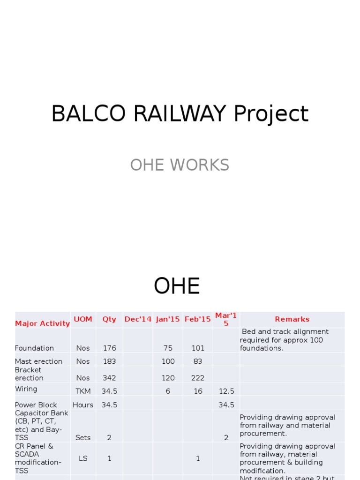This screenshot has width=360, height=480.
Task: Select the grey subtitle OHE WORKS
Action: coord(180,165)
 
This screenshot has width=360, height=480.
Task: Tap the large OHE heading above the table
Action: coord(177,286)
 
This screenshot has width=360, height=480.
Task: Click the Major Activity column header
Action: coord(42,323)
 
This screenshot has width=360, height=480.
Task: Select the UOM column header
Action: coord(83,319)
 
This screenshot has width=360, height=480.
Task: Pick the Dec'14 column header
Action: coord(138,319)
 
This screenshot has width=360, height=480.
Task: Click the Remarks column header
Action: coord(292,319)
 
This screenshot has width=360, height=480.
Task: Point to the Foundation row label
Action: coord(34,348)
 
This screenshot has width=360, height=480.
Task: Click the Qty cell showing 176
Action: coord(109,348)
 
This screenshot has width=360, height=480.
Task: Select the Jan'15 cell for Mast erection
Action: coord(168,361)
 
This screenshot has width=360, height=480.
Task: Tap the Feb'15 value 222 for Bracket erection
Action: coord(198,378)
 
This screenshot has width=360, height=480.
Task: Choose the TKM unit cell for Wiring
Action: coord(83,391)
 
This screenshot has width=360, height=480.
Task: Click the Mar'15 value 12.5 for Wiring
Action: coord(226,391)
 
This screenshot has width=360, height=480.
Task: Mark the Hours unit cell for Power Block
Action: coord(83,405)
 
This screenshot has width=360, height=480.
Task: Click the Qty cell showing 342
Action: coord(109,378)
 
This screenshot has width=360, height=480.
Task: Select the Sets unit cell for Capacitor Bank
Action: coord(83,438)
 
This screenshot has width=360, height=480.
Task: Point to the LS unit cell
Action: coord(83,458)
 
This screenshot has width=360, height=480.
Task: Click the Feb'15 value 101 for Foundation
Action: coord(198,348)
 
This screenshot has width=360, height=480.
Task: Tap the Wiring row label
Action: coord(26,389)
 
